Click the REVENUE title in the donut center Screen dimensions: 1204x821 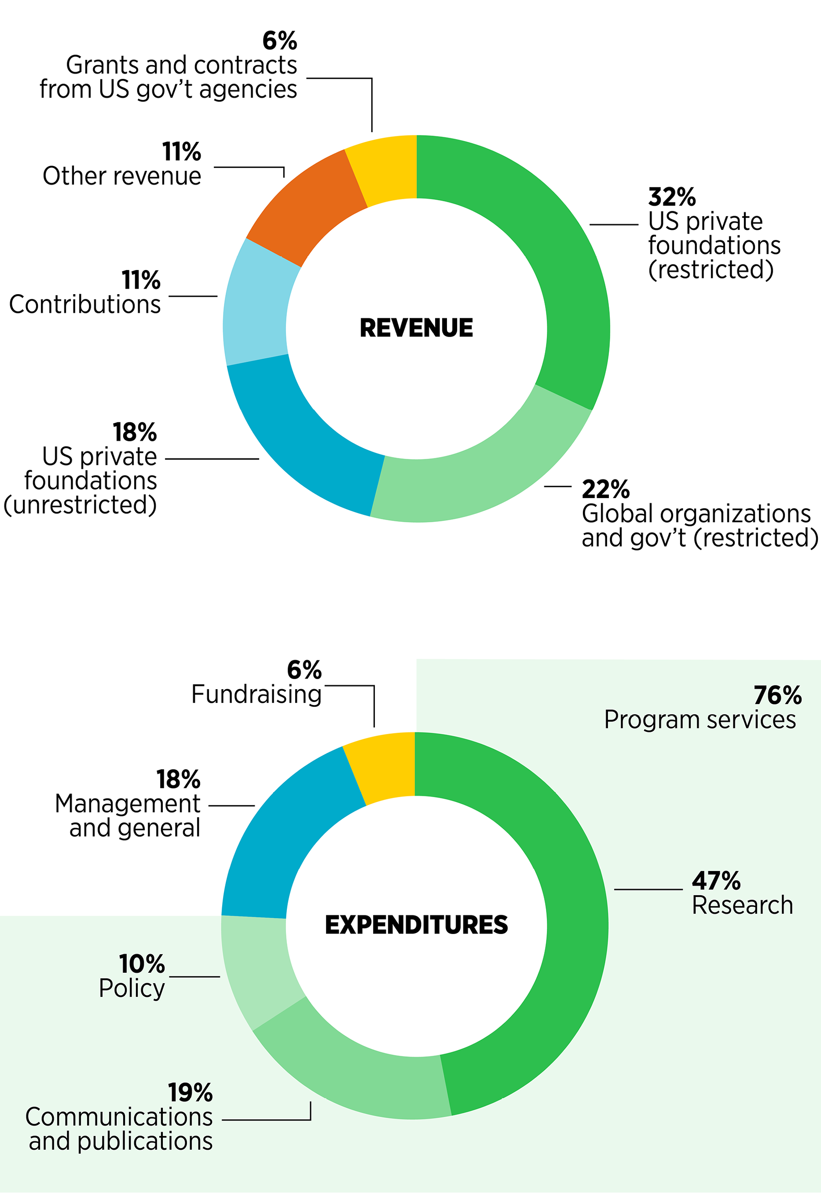pos(416,328)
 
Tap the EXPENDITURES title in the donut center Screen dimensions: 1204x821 pos(416,924)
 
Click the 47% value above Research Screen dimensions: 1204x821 pos(716,881)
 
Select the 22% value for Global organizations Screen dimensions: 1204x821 pos(605,489)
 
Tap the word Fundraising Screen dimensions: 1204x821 pos(256,695)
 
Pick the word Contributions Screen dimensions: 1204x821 pos(85,305)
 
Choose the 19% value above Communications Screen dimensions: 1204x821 pos(190,1093)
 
